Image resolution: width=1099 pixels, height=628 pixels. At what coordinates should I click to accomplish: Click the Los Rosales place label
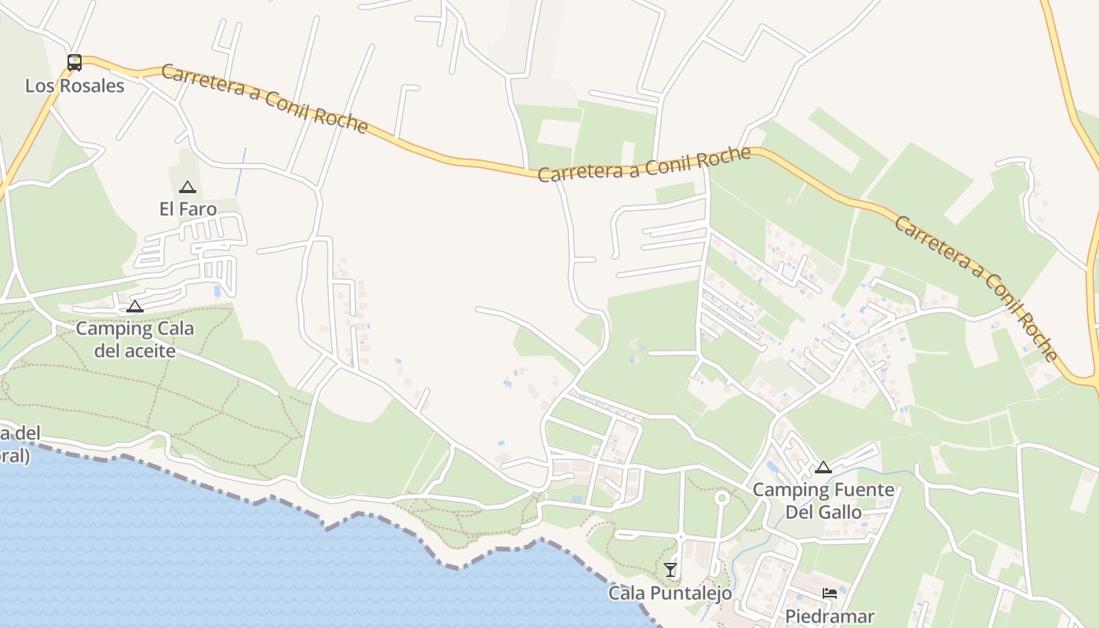pyautogui.click(x=75, y=86)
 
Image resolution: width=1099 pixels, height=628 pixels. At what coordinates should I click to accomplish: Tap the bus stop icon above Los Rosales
pyautogui.click(x=75, y=63)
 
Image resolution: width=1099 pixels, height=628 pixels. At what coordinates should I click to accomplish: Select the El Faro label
pyautogui.click(x=188, y=209)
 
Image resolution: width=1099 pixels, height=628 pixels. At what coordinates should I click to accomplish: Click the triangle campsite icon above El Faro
pyautogui.click(x=187, y=187)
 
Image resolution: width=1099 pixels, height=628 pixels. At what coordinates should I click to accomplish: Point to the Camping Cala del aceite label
pyautogui.click(x=134, y=339)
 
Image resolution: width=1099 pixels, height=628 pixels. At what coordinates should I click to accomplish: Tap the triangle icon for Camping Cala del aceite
pyautogui.click(x=135, y=306)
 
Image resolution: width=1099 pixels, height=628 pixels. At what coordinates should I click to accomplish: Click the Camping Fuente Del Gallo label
pyautogui.click(x=823, y=501)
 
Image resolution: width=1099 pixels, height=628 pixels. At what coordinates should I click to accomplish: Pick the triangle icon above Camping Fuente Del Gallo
pyautogui.click(x=823, y=467)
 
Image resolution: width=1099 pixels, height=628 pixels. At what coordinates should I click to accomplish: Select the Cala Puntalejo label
pyautogui.click(x=670, y=593)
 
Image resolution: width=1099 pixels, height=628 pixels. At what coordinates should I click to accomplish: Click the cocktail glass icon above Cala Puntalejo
pyautogui.click(x=670, y=569)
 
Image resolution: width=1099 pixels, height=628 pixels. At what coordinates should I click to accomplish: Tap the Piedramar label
pyautogui.click(x=830, y=616)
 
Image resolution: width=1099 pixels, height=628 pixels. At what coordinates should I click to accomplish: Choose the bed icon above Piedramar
pyautogui.click(x=830, y=593)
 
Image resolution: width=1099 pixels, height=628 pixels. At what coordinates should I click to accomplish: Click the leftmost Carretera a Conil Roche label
pyautogui.click(x=265, y=99)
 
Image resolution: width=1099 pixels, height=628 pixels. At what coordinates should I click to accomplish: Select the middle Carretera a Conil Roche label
pyautogui.click(x=644, y=164)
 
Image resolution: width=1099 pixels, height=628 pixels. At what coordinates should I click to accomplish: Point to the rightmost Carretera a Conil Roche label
pyautogui.click(x=977, y=287)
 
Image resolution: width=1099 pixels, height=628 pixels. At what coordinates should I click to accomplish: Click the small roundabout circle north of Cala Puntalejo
pyautogui.click(x=721, y=498)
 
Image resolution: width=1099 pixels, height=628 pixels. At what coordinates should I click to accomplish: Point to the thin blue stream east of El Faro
pyautogui.click(x=240, y=171)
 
